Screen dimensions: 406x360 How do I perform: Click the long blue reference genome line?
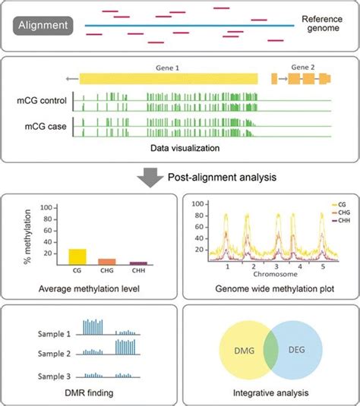190,26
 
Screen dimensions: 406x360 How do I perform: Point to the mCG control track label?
43,99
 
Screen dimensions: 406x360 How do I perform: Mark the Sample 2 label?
59,353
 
